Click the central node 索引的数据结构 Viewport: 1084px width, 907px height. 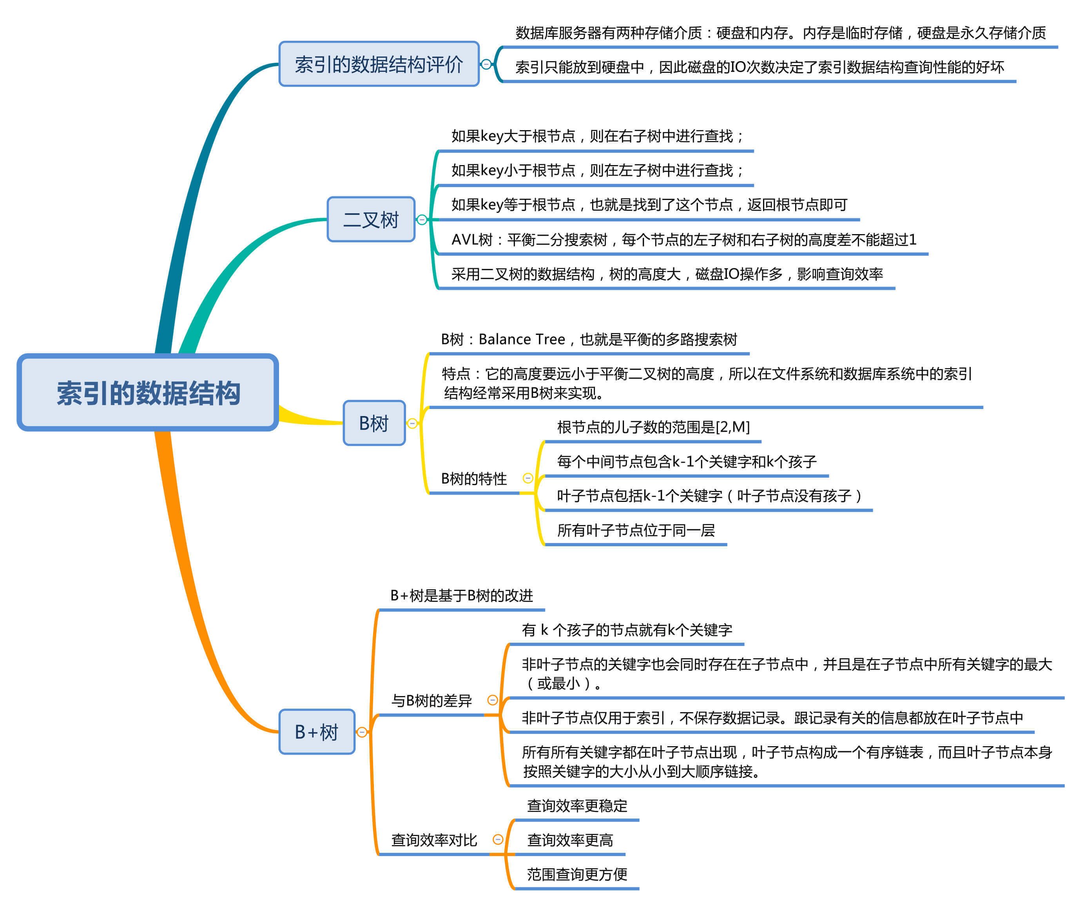(x=148, y=393)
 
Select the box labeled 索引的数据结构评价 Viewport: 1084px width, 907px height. (x=379, y=64)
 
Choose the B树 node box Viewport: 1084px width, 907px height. (x=374, y=423)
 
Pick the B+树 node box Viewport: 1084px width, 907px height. (x=316, y=731)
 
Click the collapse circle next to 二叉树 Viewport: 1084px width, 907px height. (x=422, y=220)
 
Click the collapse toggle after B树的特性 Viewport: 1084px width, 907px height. (x=527, y=478)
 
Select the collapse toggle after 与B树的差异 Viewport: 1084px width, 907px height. (x=493, y=700)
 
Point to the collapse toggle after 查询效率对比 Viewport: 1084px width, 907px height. (x=498, y=839)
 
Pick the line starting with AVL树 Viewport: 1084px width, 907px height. (x=683, y=240)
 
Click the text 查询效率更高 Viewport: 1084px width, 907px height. (x=569, y=840)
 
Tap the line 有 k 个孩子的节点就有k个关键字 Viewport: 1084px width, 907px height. (x=627, y=630)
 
